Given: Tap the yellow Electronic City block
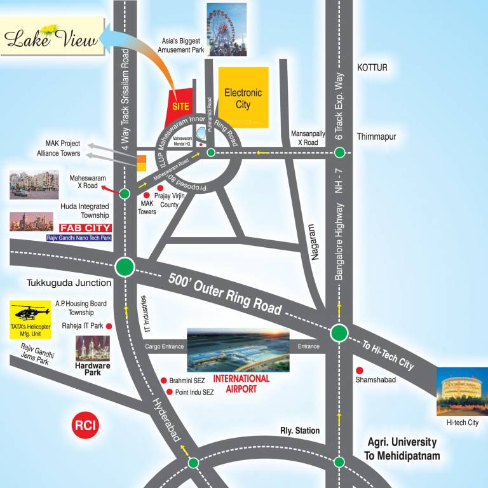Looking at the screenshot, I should click(x=243, y=97).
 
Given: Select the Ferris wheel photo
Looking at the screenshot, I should click(x=226, y=29).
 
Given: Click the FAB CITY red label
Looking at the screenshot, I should click(x=85, y=228).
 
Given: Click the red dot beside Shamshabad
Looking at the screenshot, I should click(x=360, y=370).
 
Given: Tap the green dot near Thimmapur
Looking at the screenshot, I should click(x=340, y=152).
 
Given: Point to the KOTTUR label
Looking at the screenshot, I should click(x=372, y=67).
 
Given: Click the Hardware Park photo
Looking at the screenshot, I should click(x=93, y=348).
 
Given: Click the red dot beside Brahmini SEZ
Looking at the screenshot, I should click(x=163, y=381).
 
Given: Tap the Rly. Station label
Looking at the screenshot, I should click(x=300, y=431).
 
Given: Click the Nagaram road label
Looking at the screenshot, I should click(x=311, y=241).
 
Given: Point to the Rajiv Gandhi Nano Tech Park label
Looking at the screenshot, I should click(x=79, y=238).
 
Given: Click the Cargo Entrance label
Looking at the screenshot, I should click(x=164, y=346).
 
